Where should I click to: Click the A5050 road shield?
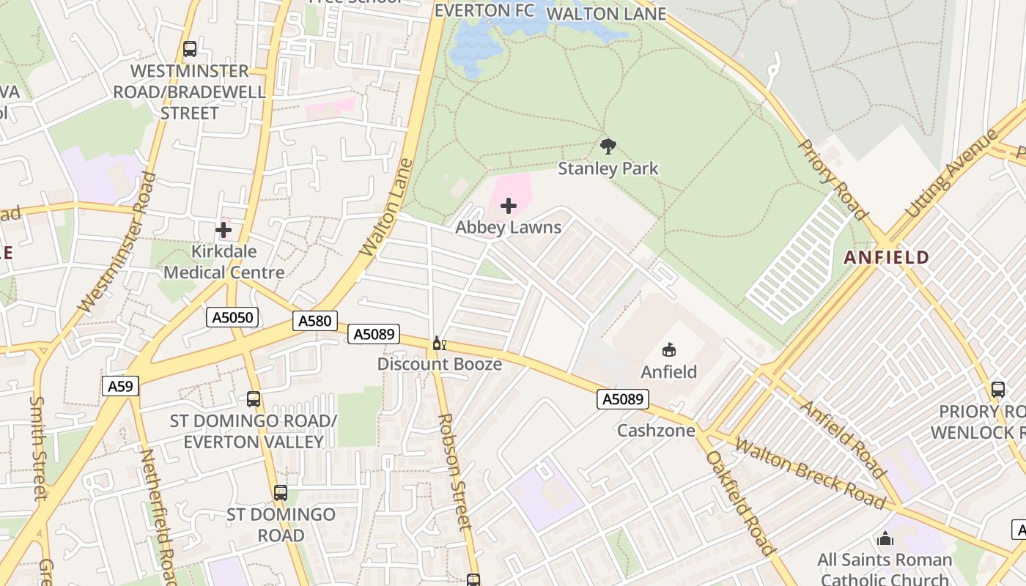tap(233, 317)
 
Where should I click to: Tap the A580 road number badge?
tap(316, 320)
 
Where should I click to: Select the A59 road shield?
tap(120, 386)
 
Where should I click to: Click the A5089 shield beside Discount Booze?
tap(374, 334)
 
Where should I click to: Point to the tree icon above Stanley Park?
tap(608, 146)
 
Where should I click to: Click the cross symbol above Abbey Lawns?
tap(508, 206)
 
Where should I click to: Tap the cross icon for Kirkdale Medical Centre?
tap(224, 230)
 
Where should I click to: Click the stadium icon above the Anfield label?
tap(668, 350)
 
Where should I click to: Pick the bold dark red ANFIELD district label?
tap(886, 258)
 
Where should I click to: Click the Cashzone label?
tap(656, 430)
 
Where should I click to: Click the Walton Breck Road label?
tap(809, 472)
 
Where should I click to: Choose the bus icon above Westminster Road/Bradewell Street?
tap(190, 49)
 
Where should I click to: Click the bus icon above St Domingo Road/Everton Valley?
tap(254, 399)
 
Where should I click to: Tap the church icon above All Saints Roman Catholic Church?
tap(885, 539)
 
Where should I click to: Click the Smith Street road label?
tap(38, 447)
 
